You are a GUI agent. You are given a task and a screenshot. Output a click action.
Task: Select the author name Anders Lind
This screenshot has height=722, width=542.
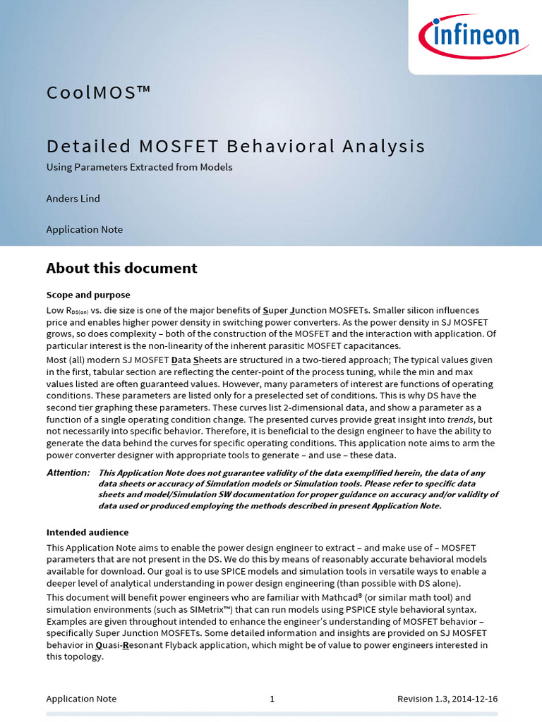pos(73,198)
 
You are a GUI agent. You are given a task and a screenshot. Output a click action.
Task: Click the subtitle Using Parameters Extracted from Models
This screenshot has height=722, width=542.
pos(139,167)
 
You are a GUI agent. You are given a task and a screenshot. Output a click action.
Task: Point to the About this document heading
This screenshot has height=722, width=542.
pos(121,268)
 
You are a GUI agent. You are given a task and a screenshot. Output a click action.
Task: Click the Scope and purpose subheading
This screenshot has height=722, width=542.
pos(88,295)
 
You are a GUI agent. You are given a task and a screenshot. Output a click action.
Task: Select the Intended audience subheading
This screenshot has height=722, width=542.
pos(88,532)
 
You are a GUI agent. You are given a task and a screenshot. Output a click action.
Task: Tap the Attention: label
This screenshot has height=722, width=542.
pos(68,472)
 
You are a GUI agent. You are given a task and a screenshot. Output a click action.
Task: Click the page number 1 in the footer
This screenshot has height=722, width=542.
pos(272,699)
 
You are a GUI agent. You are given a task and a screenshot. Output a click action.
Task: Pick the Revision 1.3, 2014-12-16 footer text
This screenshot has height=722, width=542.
pos(447,699)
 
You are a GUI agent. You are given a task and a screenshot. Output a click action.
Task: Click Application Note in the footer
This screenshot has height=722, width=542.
pos(81,699)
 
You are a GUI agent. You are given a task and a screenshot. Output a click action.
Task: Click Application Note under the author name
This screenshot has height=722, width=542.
pos(84,229)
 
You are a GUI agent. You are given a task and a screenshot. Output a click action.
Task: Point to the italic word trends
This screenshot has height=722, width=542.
pos(460,419)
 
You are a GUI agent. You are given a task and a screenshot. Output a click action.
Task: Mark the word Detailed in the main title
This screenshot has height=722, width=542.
pos(89,146)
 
